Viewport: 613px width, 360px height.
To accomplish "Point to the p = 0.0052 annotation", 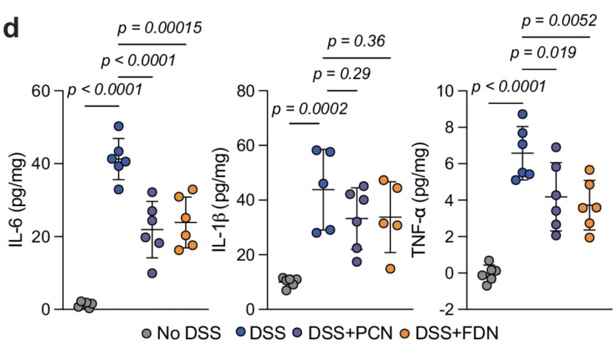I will (x=559, y=21).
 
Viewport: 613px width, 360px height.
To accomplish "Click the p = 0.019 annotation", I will (x=543, y=53).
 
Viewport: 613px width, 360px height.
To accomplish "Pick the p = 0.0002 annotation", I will (x=310, y=110).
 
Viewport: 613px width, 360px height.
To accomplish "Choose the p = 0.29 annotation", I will (x=341, y=75).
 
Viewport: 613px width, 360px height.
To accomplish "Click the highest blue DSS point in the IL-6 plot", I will (x=119, y=126).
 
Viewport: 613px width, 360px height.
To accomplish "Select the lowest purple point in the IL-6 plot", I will (x=152, y=273).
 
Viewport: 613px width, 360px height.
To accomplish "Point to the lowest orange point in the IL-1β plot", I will (x=390, y=268).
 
